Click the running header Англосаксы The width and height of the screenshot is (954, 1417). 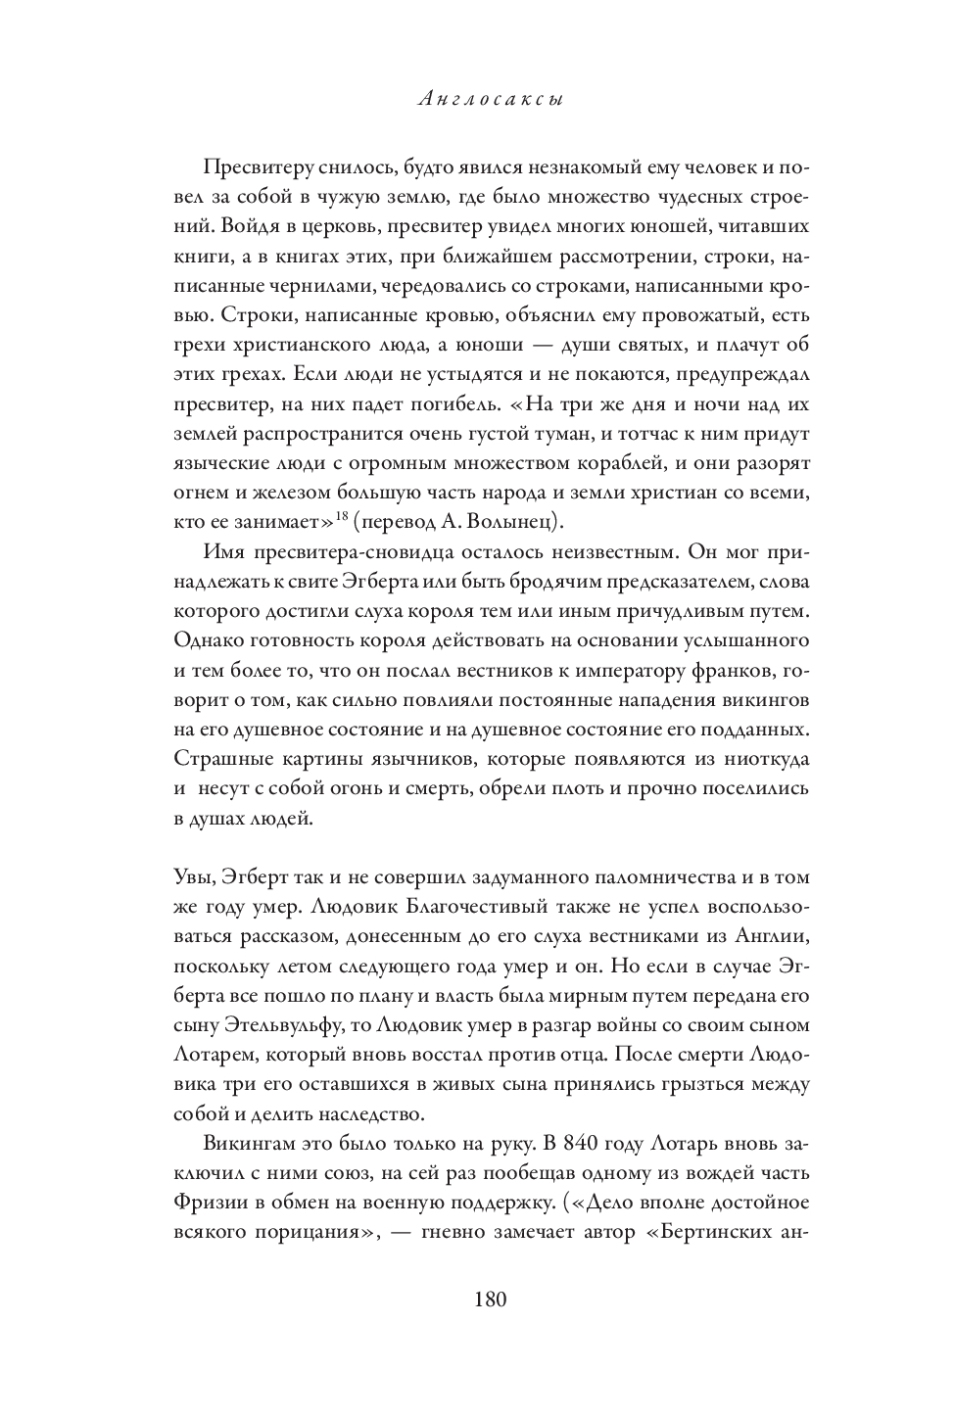pos(490,100)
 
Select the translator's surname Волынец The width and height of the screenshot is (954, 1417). pos(516,517)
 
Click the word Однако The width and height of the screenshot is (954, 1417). pos(208,640)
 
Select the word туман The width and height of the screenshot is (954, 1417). pos(560,432)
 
